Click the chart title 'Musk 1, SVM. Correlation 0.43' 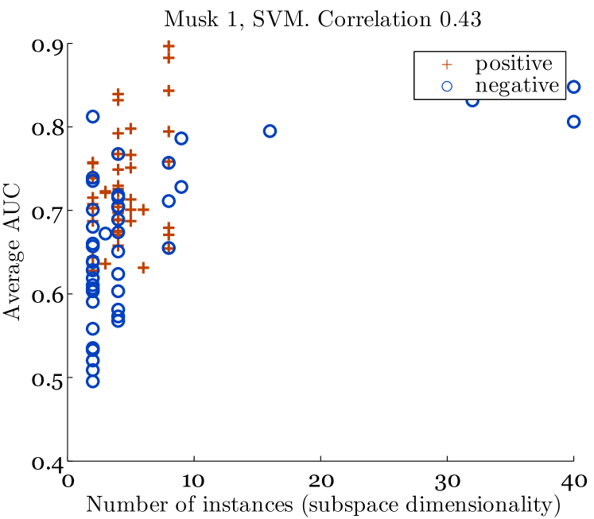(x=322, y=20)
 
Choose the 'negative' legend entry (x=518, y=86)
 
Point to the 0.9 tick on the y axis (x=47, y=45)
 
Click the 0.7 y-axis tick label (x=47, y=211)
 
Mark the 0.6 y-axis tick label (x=47, y=294)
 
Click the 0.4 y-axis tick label (x=47, y=462)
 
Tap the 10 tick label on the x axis (x=193, y=481)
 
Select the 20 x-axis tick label (x=320, y=481)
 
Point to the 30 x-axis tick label (x=447, y=481)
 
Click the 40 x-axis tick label (x=573, y=481)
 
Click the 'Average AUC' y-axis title (x=13, y=253)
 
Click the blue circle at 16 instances (x=270, y=131)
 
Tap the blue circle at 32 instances (x=472, y=100)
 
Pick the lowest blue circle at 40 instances (x=573, y=122)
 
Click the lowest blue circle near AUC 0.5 (x=92, y=382)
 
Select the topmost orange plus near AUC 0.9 (x=169, y=46)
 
